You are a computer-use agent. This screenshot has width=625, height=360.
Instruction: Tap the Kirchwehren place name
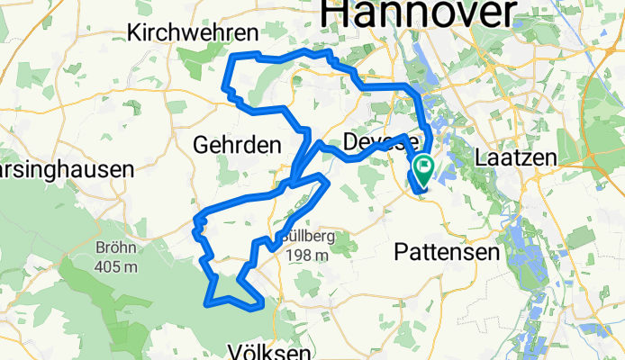pos(193,33)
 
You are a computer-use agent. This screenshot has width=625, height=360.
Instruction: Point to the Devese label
pos(381,142)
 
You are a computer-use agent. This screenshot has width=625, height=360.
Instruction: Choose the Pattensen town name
pos(447,254)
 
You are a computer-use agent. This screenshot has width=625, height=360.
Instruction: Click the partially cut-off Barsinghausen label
pos(65,168)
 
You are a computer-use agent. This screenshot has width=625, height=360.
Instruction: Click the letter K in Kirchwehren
pos(136,33)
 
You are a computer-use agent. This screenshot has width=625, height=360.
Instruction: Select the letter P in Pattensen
pos(401,254)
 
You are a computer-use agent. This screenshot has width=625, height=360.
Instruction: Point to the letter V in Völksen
pos(236,350)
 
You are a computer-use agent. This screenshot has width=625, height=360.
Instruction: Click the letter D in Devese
pos(351,142)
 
